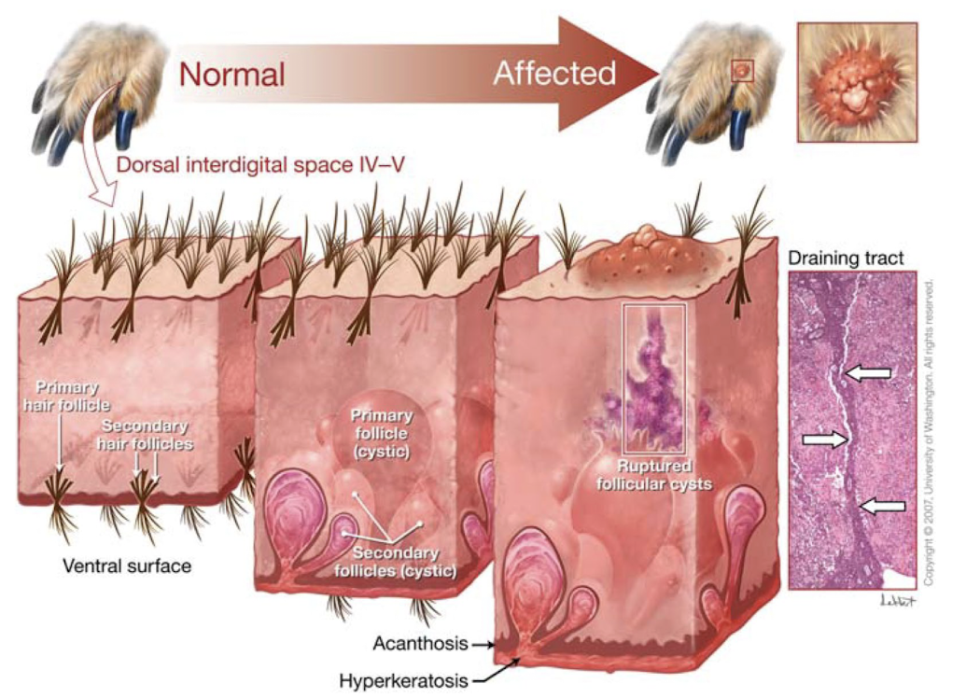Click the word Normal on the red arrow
pos(231,73)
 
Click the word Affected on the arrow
pos(554,73)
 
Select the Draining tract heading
pos(847,258)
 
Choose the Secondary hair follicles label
pos(145,436)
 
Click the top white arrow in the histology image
pos(865,373)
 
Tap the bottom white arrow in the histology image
pos(880,506)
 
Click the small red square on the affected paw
pos(742,70)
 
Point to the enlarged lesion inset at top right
pos(858,82)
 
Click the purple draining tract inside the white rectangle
pos(653,383)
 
